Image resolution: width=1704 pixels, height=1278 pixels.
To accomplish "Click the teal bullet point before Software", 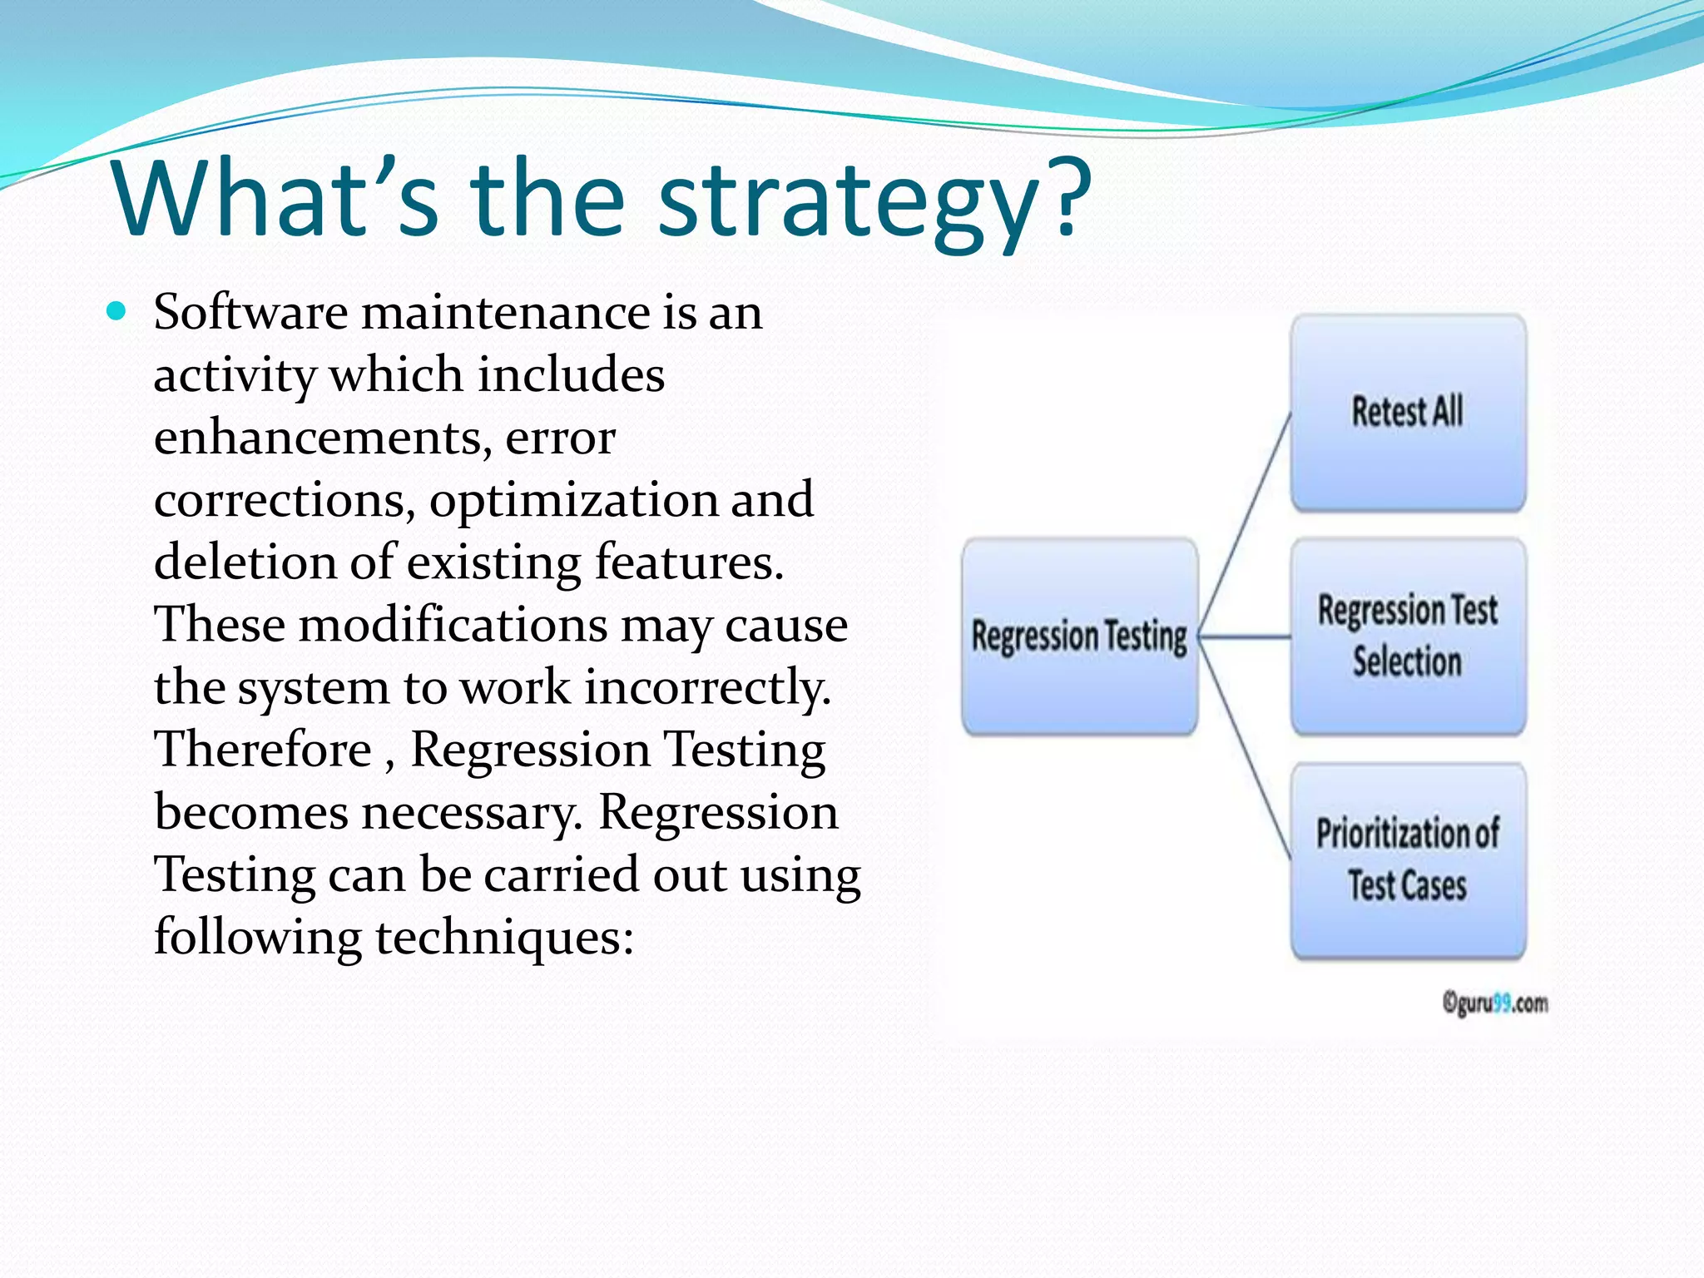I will [x=116, y=312].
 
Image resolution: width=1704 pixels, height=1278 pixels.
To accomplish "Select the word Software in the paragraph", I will [x=250, y=313].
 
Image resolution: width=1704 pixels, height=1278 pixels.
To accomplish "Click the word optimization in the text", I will [x=573, y=500].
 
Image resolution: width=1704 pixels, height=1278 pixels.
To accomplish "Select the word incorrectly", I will [x=707, y=687].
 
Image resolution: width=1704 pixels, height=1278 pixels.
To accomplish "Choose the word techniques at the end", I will [x=504, y=937].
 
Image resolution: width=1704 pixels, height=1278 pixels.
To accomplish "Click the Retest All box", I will [x=1408, y=413].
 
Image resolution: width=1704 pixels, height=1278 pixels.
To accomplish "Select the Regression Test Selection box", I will [x=1408, y=637].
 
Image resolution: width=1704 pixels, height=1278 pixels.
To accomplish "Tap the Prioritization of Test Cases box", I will [x=1408, y=860].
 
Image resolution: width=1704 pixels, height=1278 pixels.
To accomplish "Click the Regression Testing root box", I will [x=1079, y=637].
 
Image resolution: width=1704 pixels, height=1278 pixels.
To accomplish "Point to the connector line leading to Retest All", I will [x=1246, y=524].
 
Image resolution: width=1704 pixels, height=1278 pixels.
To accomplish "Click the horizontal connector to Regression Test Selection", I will [x=1246, y=637].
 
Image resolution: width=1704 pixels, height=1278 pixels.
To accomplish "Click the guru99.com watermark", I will [x=1495, y=1003].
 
